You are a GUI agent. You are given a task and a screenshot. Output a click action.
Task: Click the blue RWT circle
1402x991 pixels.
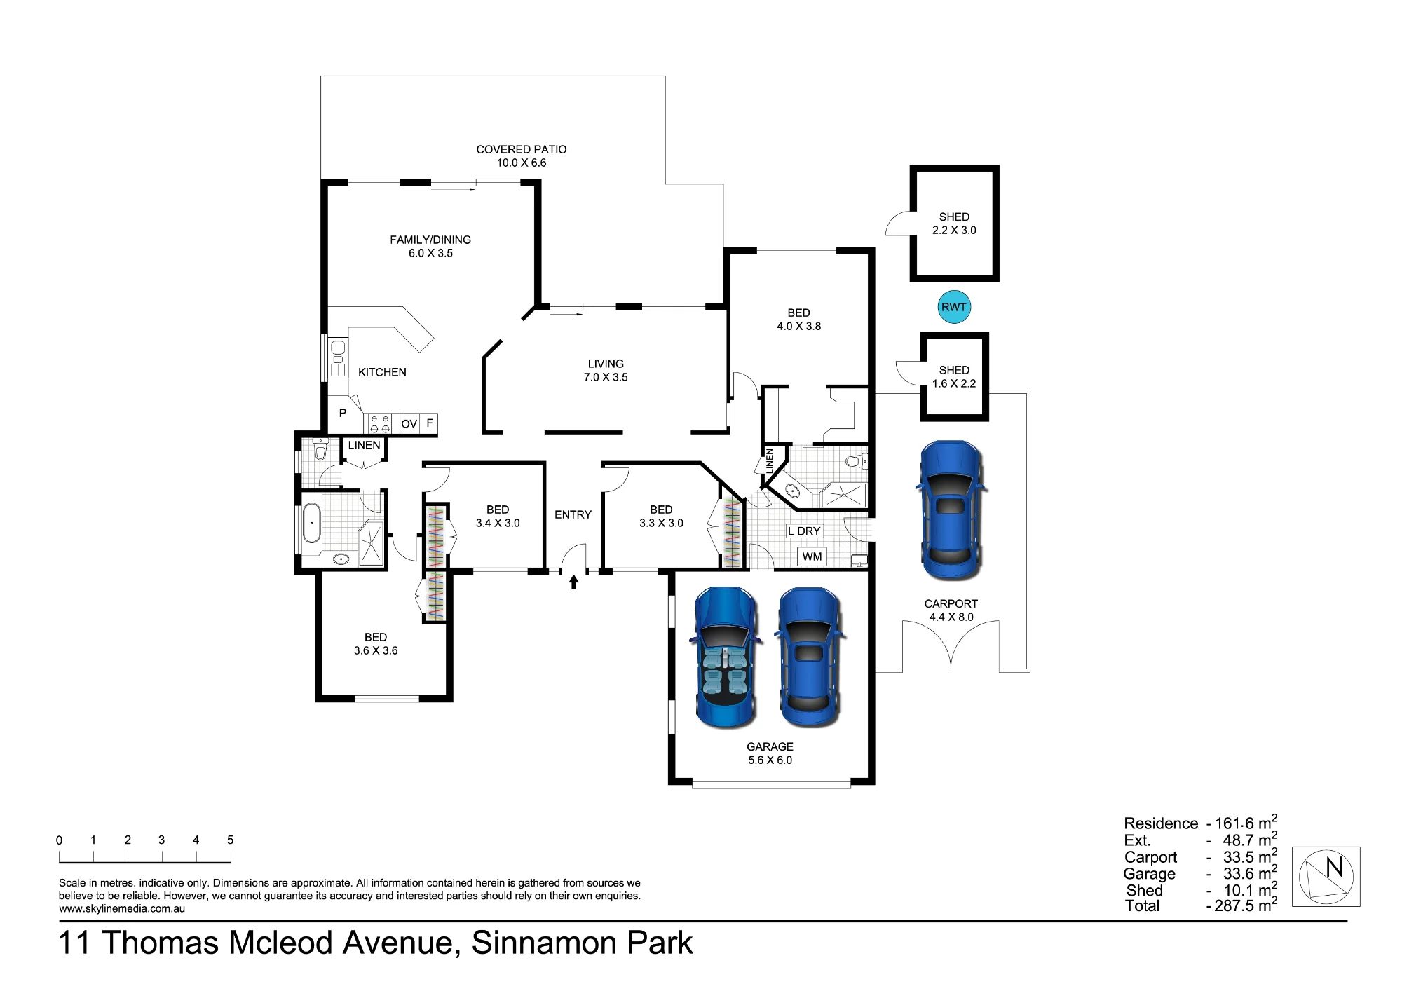pos(954,307)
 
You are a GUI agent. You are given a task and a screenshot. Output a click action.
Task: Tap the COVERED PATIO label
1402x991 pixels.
pos(522,149)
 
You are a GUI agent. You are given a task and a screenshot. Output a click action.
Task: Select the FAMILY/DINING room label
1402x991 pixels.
pos(430,240)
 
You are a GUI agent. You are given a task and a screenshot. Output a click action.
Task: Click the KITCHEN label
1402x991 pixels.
pos(382,372)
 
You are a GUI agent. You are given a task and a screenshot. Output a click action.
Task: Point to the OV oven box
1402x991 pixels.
pos(409,423)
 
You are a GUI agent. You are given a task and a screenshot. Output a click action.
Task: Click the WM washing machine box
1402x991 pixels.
pos(812,556)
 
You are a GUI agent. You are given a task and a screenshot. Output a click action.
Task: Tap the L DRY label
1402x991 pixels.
pos(804,531)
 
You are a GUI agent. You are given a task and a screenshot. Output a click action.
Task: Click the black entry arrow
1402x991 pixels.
pos(573,582)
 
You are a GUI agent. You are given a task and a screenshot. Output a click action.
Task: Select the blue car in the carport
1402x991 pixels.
pos(950,510)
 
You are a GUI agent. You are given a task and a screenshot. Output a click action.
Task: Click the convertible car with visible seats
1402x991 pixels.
pos(726,658)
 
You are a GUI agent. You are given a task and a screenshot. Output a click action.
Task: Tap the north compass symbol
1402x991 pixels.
pos(1326,877)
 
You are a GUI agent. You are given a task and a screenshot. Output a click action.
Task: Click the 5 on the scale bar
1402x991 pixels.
pos(230,840)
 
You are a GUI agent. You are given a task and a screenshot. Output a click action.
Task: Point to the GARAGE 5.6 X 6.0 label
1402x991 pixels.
pos(770,753)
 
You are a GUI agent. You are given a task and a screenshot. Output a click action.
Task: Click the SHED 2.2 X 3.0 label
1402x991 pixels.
pos(954,224)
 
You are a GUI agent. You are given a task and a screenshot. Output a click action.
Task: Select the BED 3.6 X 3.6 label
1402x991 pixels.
pos(376,644)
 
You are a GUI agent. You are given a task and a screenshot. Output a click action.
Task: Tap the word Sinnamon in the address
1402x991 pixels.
pos(544,943)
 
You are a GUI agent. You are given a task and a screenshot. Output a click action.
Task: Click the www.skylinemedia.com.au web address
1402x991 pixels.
pos(122,909)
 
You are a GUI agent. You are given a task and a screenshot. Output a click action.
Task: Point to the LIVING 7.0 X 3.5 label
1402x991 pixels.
pos(606,370)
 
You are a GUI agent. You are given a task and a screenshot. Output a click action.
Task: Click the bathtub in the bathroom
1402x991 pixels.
pos(311,523)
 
